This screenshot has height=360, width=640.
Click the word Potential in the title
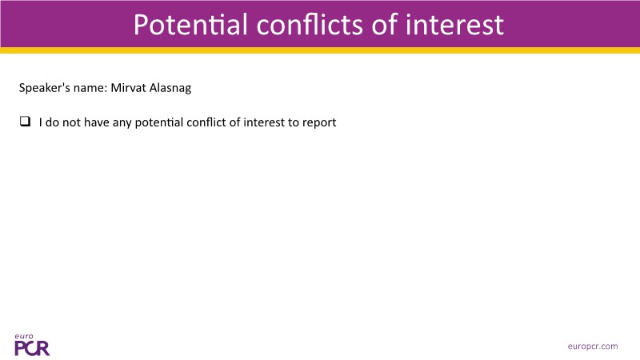click(x=190, y=25)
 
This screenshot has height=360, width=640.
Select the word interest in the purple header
click(x=454, y=25)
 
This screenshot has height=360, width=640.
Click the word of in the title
click(x=385, y=25)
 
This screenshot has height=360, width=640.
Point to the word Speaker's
click(x=45, y=88)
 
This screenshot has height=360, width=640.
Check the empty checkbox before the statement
click(x=25, y=122)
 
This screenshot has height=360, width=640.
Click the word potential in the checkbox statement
click(x=159, y=122)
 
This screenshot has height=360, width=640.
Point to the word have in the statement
click(x=97, y=122)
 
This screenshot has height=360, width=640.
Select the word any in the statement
click(x=122, y=123)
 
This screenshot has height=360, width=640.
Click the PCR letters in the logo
click(x=32, y=348)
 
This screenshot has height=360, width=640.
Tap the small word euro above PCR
click(x=24, y=337)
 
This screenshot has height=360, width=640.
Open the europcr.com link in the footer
click(x=593, y=346)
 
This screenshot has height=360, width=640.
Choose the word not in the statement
click(x=71, y=122)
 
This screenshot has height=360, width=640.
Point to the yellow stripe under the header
click(x=320, y=50)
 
